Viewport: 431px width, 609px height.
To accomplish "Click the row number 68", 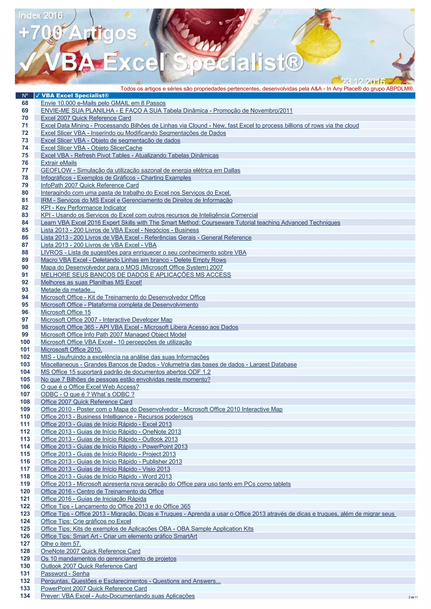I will click(x=25, y=103).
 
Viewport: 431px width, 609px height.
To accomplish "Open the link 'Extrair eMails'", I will click(x=59, y=163).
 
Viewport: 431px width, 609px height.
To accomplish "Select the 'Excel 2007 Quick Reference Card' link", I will click(x=86, y=118).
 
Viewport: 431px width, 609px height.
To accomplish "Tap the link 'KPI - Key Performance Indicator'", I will click(x=83, y=208).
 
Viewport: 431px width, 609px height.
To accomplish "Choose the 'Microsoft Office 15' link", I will click(x=65, y=312).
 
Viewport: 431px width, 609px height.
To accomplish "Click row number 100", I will click(x=25, y=342).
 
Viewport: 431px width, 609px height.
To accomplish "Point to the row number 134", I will click(x=25, y=596).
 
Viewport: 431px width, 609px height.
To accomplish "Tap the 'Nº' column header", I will click(x=25, y=95).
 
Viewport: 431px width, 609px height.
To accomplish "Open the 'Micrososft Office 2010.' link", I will click(x=71, y=349).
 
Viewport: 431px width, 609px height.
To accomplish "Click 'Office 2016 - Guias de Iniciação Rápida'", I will click(x=93, y=499).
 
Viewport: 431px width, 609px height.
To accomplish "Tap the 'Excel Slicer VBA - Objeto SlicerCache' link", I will click(x=91, y=148).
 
